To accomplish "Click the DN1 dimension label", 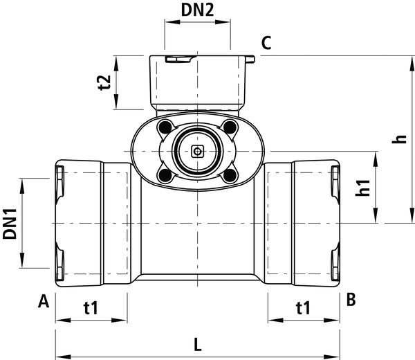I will pyautogui.click(x=10, y=224).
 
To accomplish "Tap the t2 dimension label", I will pyautogui.click(x=104, y=82).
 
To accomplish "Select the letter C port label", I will pyautogui.click(x=266, y=44).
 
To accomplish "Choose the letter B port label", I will pyautogui.click(x=351, y=300).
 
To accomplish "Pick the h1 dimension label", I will pyautogui.click(x=362, y=188).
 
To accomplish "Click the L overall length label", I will pyautogui.click(x=197, y=343).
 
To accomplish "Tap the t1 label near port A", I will pyautogui.click(x=91, y=307).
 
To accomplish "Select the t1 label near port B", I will pyautogui.click(x=302, y=307).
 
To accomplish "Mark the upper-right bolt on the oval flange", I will pyautogui.click(x=230, y=127).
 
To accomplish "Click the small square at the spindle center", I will pyautogui.click(x=197, y=151).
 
